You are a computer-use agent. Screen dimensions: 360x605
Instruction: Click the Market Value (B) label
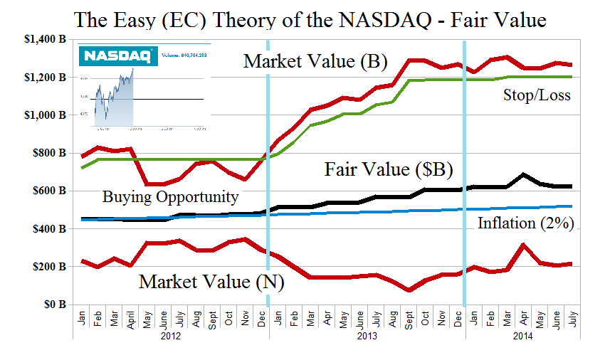tap(315, 62)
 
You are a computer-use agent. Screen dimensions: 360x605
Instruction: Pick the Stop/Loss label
tap(536, 94)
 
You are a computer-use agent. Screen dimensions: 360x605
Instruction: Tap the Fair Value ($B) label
tap(389, 170)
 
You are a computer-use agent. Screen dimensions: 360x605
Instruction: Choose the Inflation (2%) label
tap(525, 223)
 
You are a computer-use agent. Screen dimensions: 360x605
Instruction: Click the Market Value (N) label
tap(211, 281)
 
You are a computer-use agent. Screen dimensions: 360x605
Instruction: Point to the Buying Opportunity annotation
tap(170, 196)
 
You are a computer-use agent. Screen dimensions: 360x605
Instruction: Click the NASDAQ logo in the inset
tap(107, 55)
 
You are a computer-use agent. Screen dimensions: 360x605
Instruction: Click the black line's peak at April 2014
tap(523, 174)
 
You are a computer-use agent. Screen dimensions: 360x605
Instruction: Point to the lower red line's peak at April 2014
tap(523, 245)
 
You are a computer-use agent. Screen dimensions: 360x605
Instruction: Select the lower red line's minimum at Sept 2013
tap(409, 290)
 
